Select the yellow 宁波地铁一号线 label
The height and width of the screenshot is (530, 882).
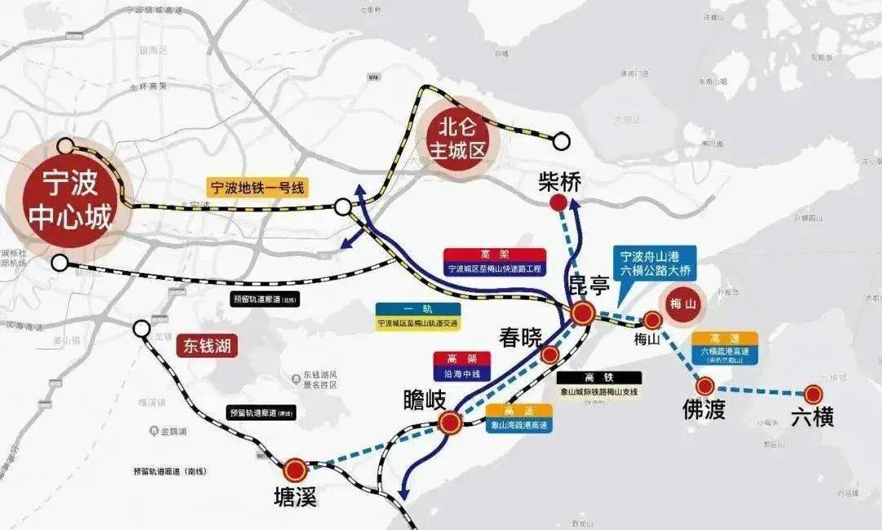258,188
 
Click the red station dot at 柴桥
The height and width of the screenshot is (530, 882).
559,203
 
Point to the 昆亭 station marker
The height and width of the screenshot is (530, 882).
582,313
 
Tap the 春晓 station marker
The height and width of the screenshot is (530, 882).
550,354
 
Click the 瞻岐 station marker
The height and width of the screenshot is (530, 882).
450,422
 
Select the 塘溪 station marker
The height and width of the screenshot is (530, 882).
296,470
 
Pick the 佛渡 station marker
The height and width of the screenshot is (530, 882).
705,386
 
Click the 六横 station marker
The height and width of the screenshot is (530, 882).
813,393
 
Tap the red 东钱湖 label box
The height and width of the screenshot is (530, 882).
205,345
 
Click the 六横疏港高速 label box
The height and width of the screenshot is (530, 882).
725,347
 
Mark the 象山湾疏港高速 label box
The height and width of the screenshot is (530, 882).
519,418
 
